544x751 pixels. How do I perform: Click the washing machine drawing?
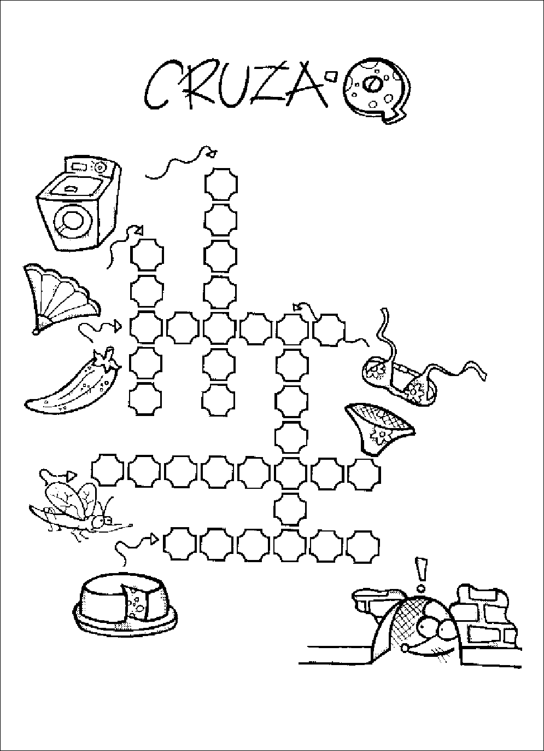coord(79,204)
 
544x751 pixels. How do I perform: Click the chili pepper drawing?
coord(74,380)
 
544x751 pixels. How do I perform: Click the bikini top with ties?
coord(416,366)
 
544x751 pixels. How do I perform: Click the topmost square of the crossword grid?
coord(221,184)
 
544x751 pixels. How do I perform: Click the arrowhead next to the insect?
coord(72,476)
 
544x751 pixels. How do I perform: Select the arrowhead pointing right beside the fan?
coord(117,326)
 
